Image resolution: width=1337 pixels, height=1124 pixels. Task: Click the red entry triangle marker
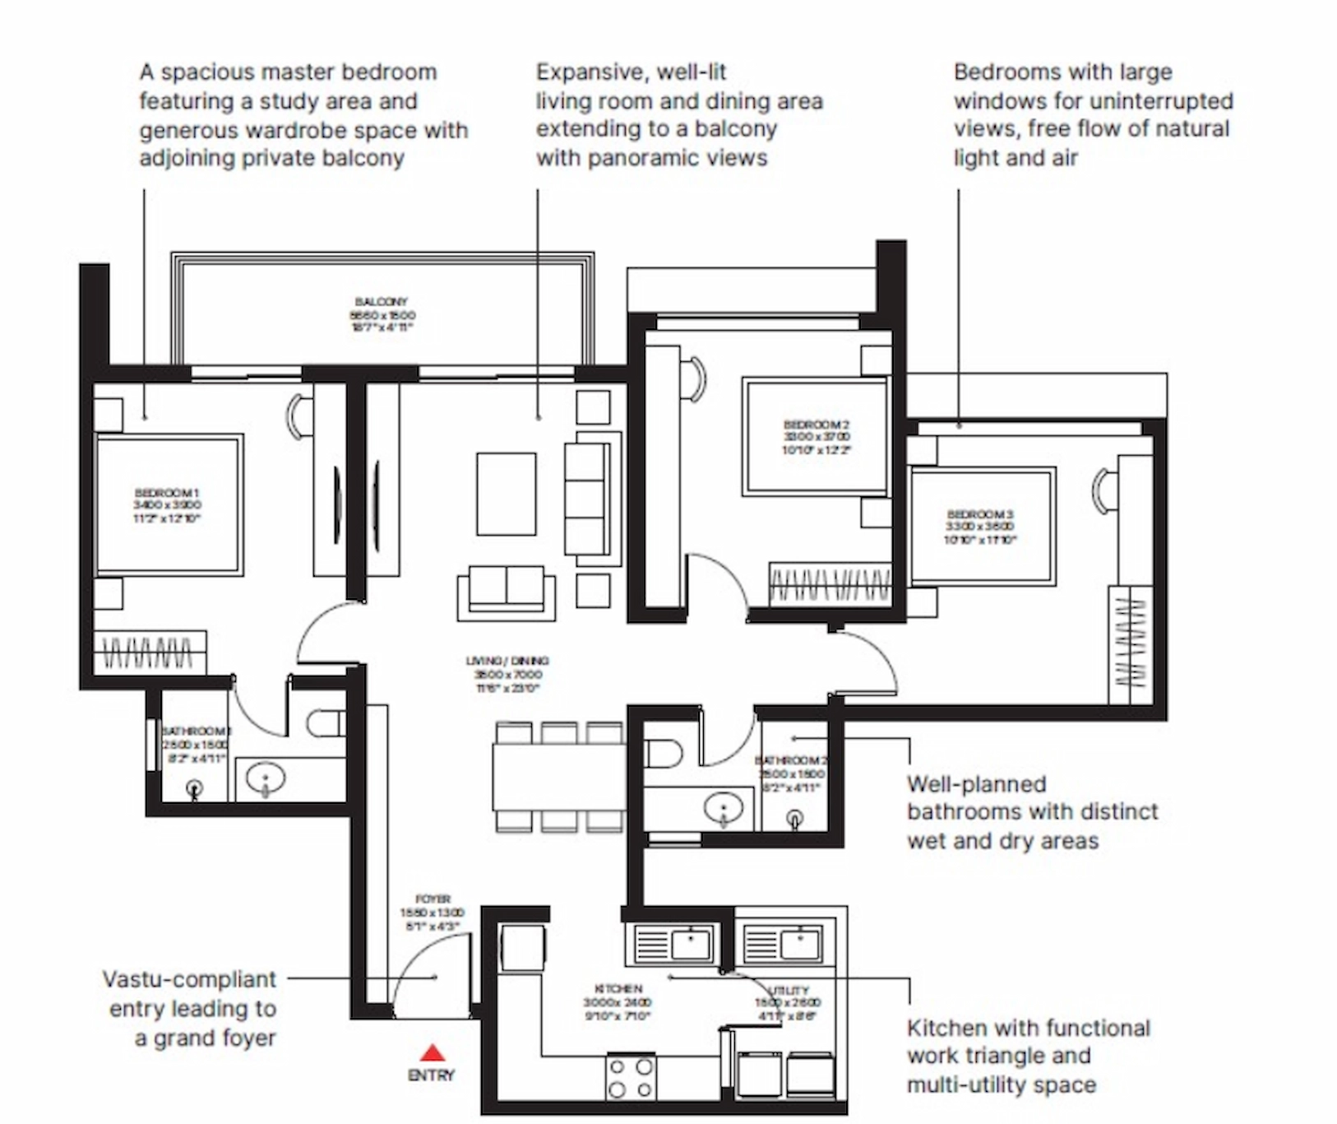click(433, 1052)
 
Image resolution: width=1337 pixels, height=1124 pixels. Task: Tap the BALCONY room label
click(382, 302)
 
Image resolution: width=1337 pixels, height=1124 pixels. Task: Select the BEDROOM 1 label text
click(167, 493)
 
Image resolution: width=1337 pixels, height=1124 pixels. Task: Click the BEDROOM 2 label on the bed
click(816, 425)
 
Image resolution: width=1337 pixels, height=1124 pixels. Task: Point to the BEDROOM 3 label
click(979, 514)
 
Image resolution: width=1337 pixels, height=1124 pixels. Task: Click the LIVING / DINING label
click(507, 661)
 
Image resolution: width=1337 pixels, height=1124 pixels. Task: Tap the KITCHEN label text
click(618, 988)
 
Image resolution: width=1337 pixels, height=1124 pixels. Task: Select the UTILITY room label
click(789, 990)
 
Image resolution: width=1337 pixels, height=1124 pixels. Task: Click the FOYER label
click(433, 899)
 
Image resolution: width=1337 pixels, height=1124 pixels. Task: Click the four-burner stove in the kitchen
click(631, 1078)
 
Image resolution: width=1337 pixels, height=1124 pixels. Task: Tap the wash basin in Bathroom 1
click(266, 778)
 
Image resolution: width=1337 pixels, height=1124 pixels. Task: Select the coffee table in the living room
click(506, 494)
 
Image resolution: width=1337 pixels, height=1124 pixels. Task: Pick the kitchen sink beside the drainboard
click(692, 944)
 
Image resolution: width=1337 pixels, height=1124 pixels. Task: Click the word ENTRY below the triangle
click(431, 1075)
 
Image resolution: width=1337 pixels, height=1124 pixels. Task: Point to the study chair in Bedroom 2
click(696, 379)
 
